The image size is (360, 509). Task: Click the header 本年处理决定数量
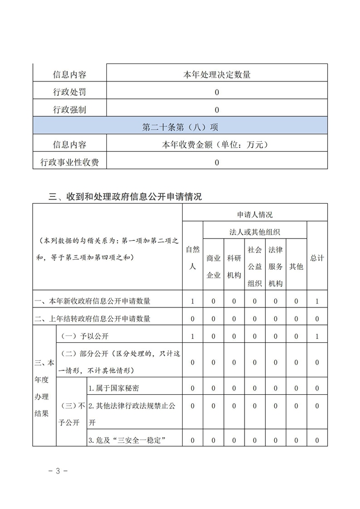point(217,75)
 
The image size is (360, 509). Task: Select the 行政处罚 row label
point(69,93)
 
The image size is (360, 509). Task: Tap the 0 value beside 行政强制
point(217,110)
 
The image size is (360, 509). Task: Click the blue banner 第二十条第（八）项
point(180,128)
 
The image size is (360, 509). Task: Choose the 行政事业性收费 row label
point(69,162)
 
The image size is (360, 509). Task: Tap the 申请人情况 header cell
point(255,214)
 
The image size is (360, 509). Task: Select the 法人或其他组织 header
point(255,232)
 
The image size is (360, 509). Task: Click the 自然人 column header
point(193,258)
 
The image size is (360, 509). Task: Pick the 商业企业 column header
point(213,266)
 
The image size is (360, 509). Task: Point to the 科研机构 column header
point(234,266)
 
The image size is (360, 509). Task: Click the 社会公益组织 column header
point(255,266)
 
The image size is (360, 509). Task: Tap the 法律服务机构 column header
point(275,266)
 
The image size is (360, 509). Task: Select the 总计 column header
point(317,258)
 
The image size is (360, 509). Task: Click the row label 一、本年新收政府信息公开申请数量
point(93,301)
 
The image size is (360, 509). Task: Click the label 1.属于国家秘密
point(114,388)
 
